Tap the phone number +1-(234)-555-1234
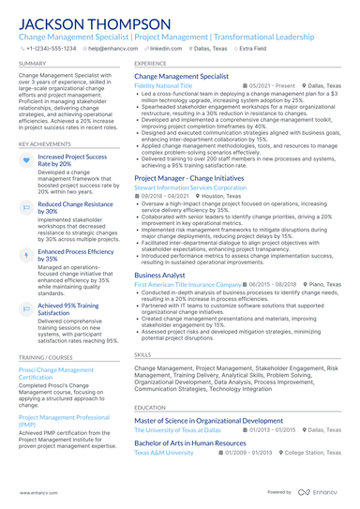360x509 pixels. point(51,49)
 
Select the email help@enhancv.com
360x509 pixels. point(113,49)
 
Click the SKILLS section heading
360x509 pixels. point(142,356)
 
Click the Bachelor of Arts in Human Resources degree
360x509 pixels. point(195,442)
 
